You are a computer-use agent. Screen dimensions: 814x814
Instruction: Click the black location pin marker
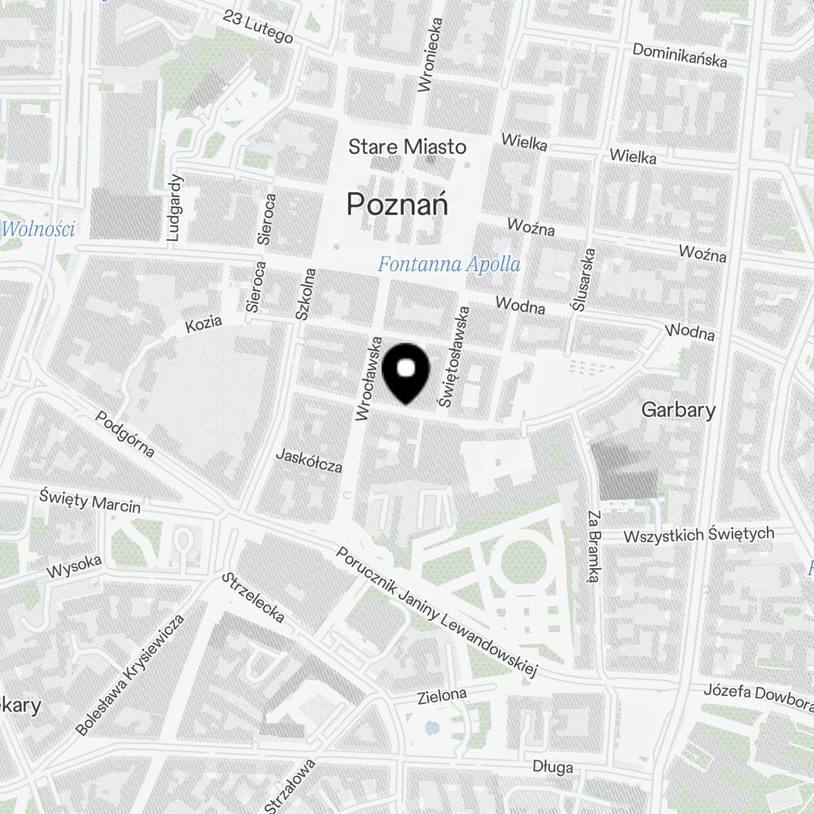click(x=405, y=373)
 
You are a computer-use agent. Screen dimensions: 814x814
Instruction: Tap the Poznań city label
click(x=398, y=203)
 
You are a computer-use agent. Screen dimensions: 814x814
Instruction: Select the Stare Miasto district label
click(x=407, y=147)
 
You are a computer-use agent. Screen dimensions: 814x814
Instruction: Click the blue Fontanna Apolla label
click(x=449, y=265)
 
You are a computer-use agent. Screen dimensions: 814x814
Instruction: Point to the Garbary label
click(x=678, y=409)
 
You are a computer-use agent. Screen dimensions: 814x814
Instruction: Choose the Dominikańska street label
click(x=680, y=55)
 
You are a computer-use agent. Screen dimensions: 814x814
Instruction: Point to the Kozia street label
click(x=203, y=324)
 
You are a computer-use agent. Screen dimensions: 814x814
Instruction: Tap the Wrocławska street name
click(x=368, y=379)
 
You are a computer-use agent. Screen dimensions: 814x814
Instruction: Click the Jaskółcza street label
click(x=309, y=460)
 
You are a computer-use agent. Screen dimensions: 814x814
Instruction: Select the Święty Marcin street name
click(x=90, y=501)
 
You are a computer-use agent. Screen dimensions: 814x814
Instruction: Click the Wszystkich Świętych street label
click(x=698, y=535)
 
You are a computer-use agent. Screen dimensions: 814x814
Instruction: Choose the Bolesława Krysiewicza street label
click(x=131, y=676)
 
